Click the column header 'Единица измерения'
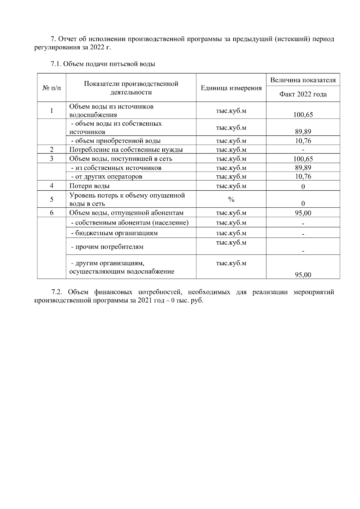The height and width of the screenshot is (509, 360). tap(231, 88)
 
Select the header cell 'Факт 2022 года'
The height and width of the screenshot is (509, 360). tap(303, 94)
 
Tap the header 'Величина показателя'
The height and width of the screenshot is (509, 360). tap(303, 80)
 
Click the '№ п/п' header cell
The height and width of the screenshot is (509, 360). tap(52, 88)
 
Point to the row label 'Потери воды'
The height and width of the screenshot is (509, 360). tap(89, 186)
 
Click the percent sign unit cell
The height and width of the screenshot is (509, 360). tap(231, 200)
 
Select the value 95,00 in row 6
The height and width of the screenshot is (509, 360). tap(303, 213)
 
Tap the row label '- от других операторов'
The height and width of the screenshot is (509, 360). tap(106, 177)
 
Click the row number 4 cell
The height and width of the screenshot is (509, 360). tap(52, 186)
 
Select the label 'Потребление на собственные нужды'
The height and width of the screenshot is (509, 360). tap(126, 150)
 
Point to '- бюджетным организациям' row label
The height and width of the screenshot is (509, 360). tap(114, 233)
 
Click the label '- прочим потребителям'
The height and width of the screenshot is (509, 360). tap(107, 247)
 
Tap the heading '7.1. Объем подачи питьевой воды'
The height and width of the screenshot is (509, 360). tap(103, 64)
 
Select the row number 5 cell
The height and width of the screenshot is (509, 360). tap(52, 200)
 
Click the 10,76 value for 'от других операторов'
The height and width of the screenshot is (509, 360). tap(303, 177)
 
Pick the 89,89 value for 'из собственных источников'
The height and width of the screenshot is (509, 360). tap(303, 168)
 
